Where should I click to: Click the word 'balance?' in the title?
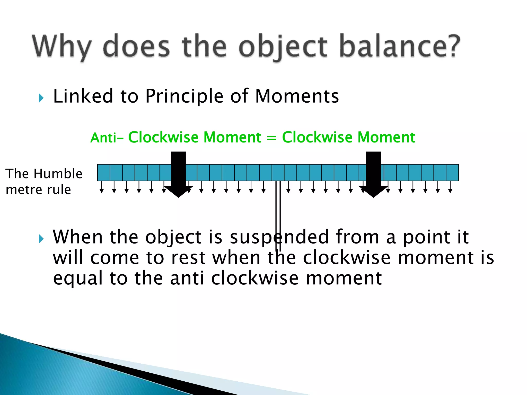coord(399,46)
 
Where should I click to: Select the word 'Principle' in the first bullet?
coord(184,96)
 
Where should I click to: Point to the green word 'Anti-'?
coord(107,138)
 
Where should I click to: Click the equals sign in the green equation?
coord(271,138)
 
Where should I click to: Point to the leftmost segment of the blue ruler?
coord(104,173)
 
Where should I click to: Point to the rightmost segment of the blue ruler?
coord(452,173)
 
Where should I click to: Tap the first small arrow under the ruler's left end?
coord(102,187)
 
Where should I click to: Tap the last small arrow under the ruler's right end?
coord(450,187)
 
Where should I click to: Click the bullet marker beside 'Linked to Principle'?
coord(41,98)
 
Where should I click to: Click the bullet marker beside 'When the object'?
coord(41,239)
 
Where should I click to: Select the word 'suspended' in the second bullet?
coord(279,237)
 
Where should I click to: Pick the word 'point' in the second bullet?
coord(426,237)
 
